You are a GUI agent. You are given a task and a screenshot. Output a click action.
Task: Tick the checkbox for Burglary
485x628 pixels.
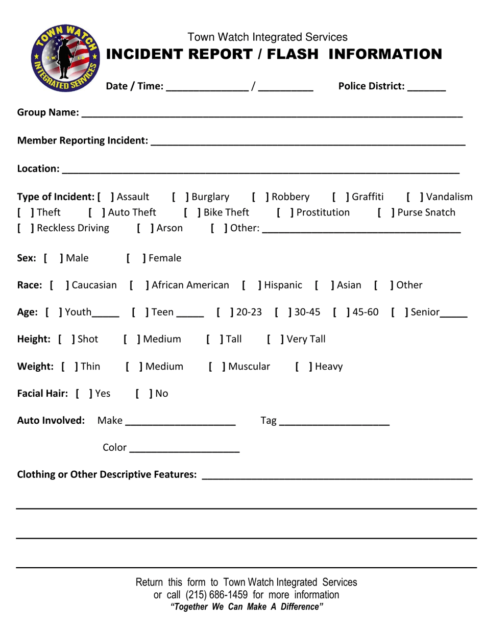(x=181, y=197)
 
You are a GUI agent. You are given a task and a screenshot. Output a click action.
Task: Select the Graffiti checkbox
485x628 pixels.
(x=341, y=197)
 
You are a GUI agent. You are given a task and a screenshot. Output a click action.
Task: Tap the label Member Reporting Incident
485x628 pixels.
(x=83, y=140)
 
